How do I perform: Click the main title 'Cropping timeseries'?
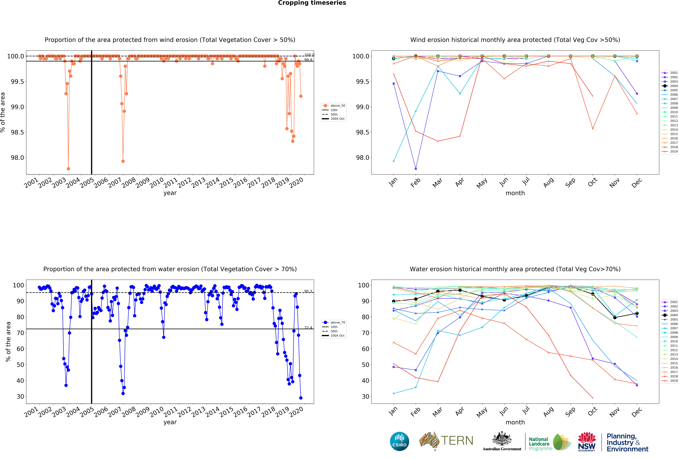point(312,3)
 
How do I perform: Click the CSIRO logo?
point(399,441)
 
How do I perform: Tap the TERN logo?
point(446,441)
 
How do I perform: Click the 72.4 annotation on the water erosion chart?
point(308,327)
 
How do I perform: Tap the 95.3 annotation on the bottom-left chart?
point(308,291)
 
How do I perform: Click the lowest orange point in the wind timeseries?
point(68,169)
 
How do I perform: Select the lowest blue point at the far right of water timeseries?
point(301,398)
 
